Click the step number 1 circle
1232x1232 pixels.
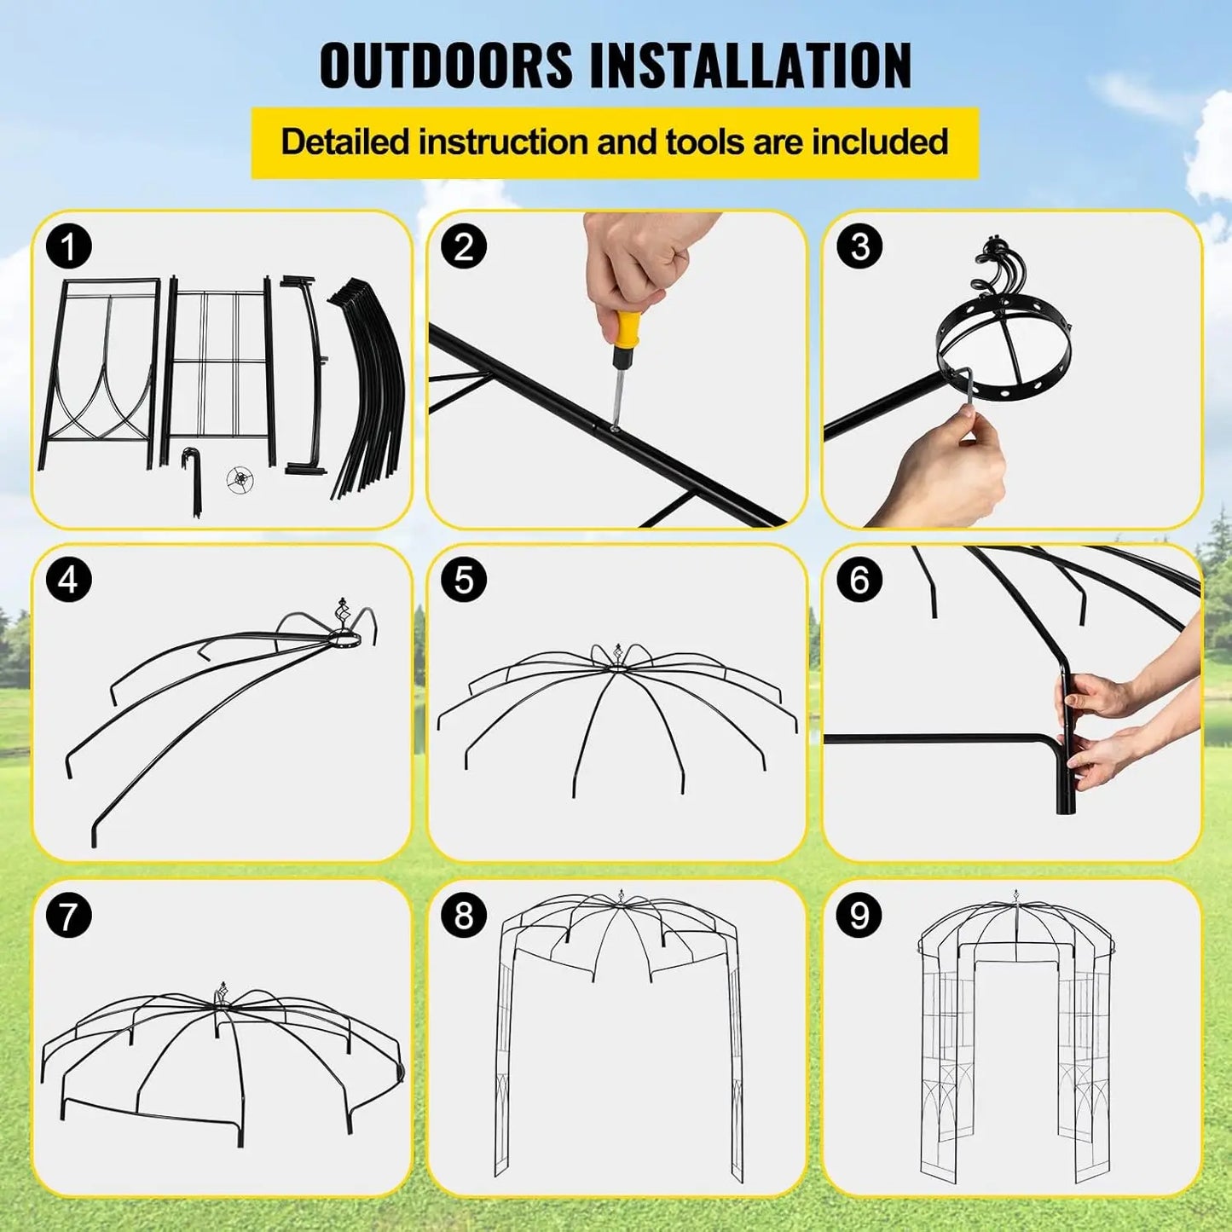pos(69,247)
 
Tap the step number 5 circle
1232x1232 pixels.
pos(464,580)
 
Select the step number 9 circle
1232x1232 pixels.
pos(859,916)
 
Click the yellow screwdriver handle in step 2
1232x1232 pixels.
pos(628,331)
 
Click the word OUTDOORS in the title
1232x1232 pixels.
pos(446,66)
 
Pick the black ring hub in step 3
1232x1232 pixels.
pos(1004,352)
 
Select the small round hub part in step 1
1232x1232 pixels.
pos(241,480)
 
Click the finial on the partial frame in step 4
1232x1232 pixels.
pos(343,612)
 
